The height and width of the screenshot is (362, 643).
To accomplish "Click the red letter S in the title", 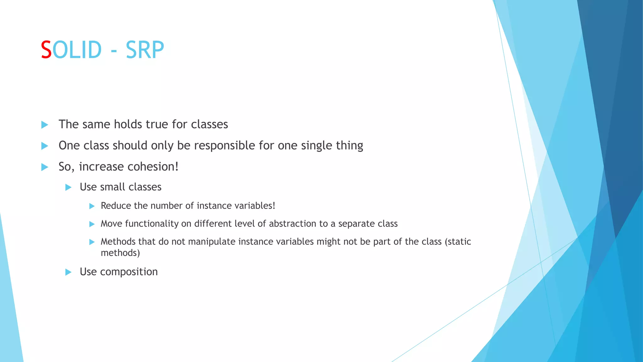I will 46,50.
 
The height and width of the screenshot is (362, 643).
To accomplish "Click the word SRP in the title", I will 145,50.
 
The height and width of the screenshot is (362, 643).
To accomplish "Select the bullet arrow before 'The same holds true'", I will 45,125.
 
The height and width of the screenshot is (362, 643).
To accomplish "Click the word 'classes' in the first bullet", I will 209,124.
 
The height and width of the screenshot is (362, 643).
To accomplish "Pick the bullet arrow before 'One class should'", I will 45,146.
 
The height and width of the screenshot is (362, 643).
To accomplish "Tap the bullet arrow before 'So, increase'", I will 45,167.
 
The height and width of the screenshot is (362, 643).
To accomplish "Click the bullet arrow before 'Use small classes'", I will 68,188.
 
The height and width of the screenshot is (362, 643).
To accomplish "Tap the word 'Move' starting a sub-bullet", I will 111,224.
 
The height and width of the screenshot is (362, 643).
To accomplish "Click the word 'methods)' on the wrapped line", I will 120,253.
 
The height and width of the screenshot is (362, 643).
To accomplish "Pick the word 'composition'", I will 129,272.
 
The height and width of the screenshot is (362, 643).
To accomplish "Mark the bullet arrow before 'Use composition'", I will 68,272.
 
